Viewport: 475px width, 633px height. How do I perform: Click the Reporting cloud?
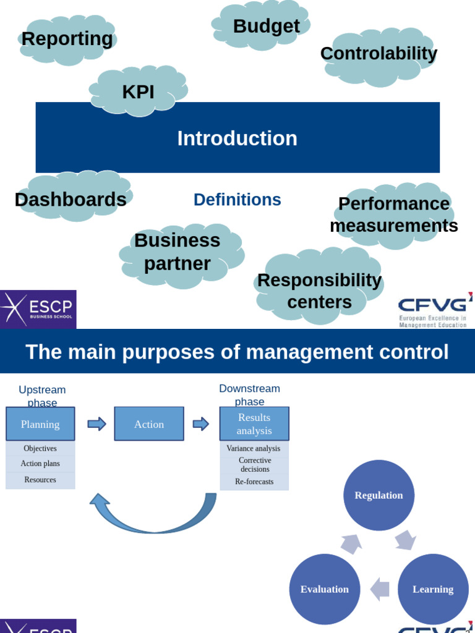pos(67,40)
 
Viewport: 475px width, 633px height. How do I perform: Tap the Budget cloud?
pos(261,25)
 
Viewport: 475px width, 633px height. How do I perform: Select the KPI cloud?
pos(138,91)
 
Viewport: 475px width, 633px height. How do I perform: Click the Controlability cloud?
pos(379,57)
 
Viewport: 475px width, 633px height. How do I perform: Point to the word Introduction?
pos(237,138)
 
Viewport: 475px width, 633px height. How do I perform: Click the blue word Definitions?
pos(237,200)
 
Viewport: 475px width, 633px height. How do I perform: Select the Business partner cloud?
pos(182,256)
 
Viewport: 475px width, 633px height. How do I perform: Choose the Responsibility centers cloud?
pos(319,286)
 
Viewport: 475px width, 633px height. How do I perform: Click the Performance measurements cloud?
pos(394,216)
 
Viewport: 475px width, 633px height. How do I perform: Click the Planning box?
pos(40,424)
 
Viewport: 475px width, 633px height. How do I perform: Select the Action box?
pos(149,424)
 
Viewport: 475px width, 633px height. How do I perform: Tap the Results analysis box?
pos(254,424)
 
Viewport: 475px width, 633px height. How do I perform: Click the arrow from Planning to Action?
pos(97,424)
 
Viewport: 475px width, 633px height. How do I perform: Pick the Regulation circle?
pos(379,495)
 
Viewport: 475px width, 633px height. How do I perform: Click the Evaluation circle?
pos(325,589)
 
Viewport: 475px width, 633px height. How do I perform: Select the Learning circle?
pos(433,589)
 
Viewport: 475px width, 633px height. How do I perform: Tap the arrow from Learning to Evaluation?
pos(380,589)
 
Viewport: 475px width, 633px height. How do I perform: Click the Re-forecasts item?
pos(254,482)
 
